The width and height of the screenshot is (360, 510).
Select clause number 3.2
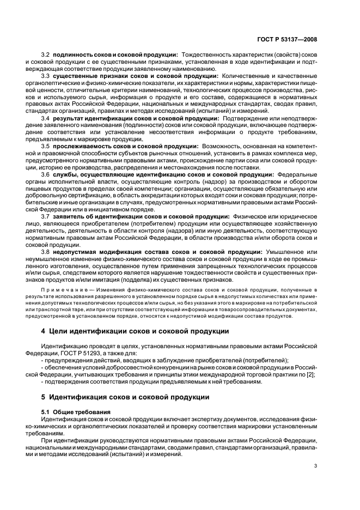coord(46,55)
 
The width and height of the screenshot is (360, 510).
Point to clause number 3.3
coord(46,76)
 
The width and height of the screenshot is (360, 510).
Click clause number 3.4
coord(46,118)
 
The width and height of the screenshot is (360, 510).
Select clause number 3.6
coord(46,174)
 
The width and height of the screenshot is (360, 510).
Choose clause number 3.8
coord(46,252)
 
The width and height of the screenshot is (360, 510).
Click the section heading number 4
coord(44,331)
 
